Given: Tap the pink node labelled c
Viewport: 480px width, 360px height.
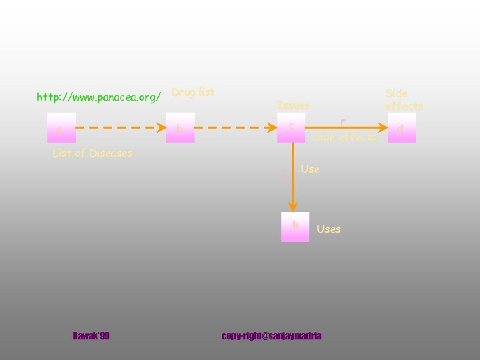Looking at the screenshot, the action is tap(291, 127).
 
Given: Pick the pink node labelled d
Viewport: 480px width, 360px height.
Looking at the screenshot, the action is tap(402, 127).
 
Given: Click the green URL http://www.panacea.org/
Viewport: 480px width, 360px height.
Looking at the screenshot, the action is tap(99, 97).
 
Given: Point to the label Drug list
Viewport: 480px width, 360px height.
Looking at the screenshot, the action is tap(193, 92).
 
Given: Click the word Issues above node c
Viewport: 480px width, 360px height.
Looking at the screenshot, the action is tap(293, 105).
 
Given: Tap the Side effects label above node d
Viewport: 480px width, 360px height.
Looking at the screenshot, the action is tap(404, 99).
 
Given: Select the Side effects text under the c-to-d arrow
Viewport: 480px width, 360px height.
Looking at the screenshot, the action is tap(345, 137).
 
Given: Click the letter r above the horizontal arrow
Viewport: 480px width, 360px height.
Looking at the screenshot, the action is tap(343, 121).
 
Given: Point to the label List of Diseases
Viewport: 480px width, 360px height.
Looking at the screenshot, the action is tap(92, 153).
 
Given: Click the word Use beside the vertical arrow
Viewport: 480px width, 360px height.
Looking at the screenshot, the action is tap(310, 169).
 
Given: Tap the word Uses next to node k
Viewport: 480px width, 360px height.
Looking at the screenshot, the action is tap(329, 229).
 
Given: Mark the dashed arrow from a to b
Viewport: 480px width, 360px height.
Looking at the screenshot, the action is tap(120, 127).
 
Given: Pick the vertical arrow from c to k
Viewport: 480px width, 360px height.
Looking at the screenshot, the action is tap(291, 177).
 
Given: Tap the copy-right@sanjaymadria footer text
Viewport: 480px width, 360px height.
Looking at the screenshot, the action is tap(271, 336).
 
